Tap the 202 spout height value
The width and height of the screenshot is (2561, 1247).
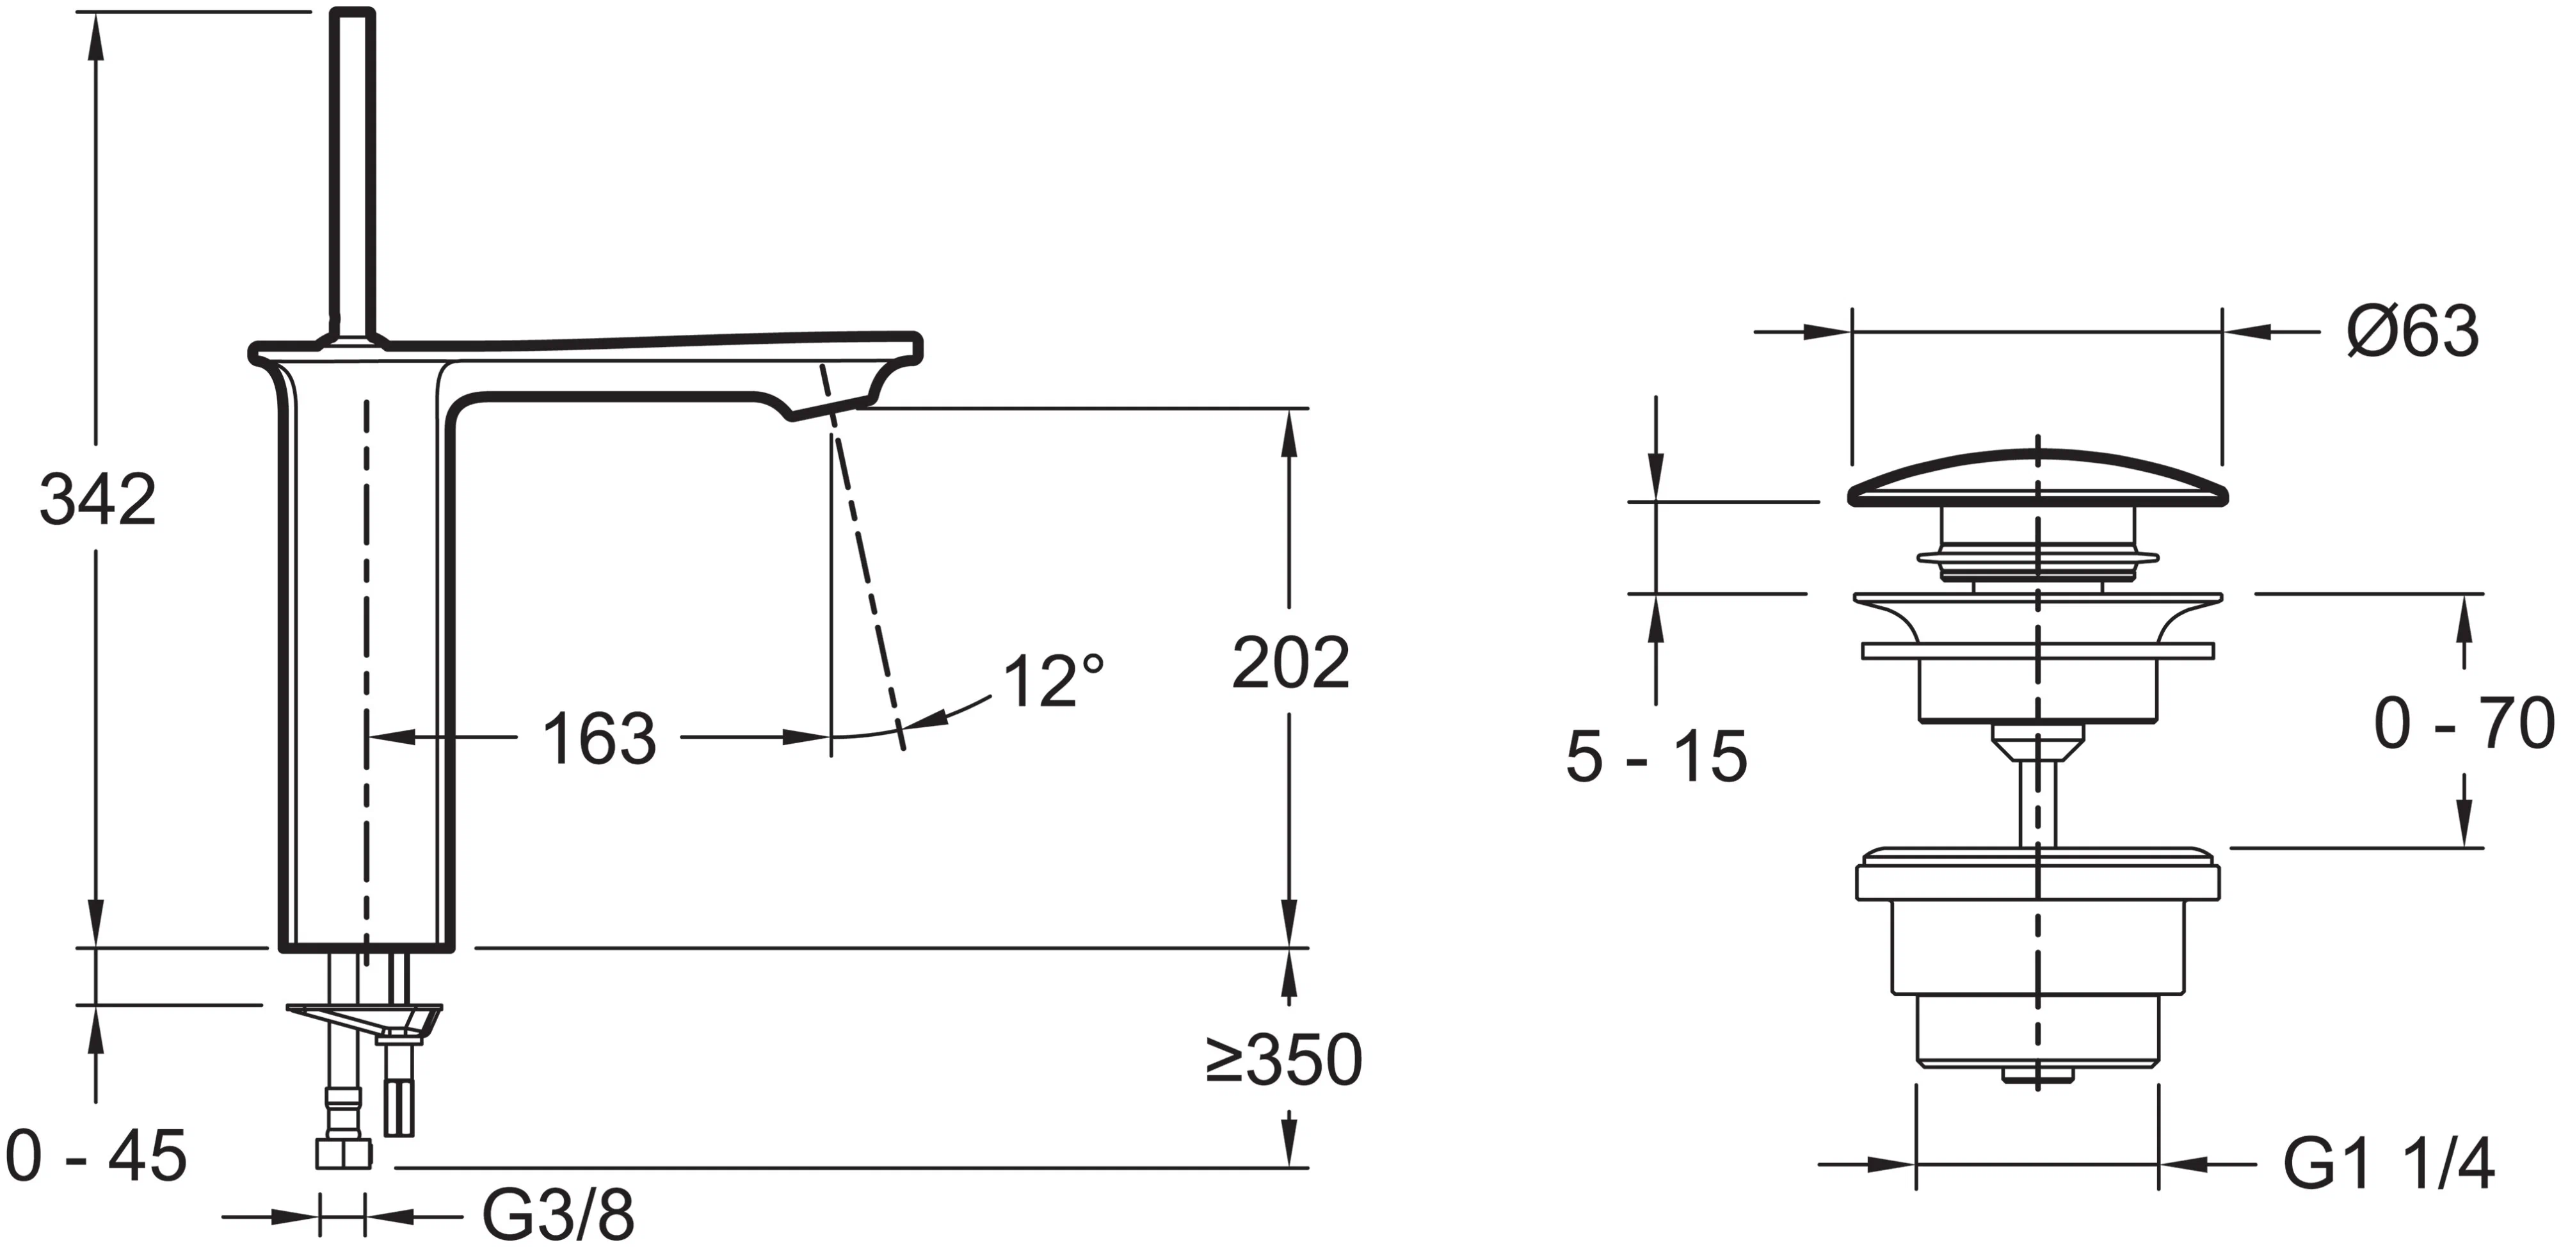pos(1290,663)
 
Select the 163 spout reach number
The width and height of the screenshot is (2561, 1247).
pos(598,739)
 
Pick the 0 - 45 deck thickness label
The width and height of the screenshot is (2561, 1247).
pos(97,1157)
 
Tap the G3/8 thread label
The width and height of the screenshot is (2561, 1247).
pos(558,1214)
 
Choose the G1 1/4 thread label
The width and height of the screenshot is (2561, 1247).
pos(2388,1164)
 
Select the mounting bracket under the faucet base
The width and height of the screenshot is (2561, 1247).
pos(363,1019)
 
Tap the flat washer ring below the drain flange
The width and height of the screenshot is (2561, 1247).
pos(2037,651)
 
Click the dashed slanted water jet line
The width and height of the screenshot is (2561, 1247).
pos(865,577)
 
